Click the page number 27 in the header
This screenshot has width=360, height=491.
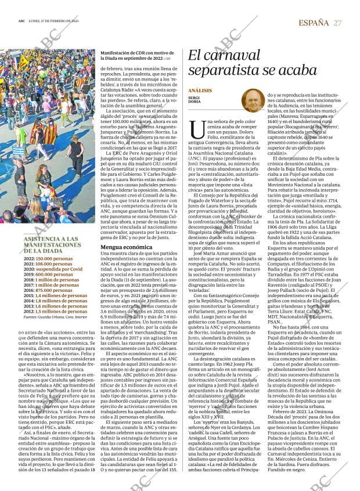pyautogui.click(x=337, y=23)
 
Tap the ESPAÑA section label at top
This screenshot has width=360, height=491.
pyautogui.click(x=312, y=23)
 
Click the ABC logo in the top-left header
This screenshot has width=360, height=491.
pyautogui.click(x=21, y=22)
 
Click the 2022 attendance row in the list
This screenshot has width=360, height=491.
pyautogui.click(x=56, y=258)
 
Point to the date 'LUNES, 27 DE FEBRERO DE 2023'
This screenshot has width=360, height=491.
pyautogui.click(x=57, y=23)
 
